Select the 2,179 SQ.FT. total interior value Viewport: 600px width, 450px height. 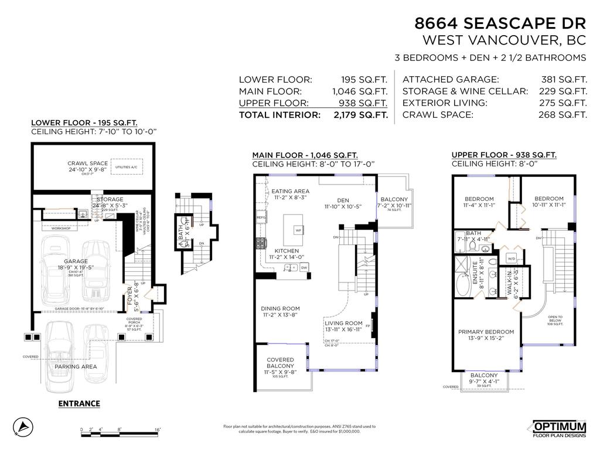360,115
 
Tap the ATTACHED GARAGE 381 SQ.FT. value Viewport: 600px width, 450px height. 564,80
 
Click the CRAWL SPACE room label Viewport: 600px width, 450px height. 87,163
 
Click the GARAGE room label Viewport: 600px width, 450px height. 76,261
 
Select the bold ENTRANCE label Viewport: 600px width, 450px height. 79,404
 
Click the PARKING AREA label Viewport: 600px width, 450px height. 76,367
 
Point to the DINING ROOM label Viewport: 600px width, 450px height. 280,309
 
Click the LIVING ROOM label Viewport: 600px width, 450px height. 343,323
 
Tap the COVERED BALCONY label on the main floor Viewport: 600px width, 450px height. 280,363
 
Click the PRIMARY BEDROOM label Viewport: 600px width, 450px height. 486,332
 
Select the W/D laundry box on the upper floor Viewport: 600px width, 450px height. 511,258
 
